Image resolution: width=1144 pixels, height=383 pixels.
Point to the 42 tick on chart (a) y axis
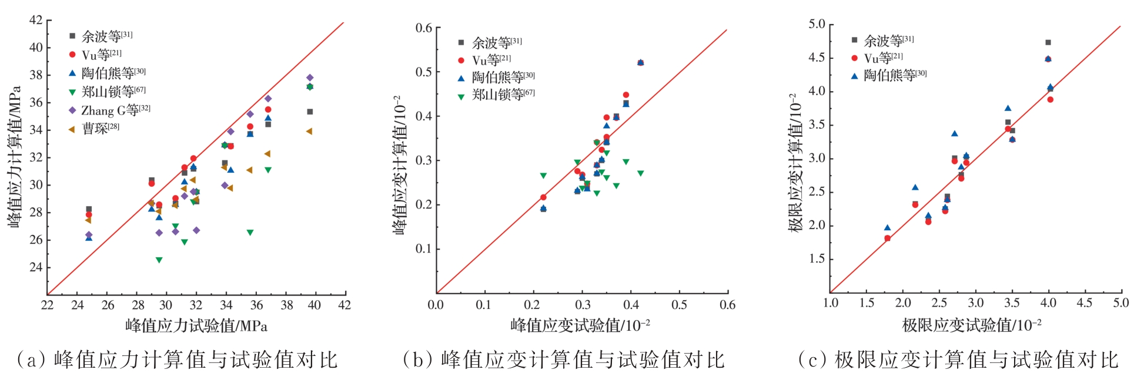(36, 21)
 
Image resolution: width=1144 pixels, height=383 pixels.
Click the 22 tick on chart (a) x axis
(47, 305)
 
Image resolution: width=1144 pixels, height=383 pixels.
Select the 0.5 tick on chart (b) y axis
(424, 72)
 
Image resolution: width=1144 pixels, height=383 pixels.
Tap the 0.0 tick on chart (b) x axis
(436, 305)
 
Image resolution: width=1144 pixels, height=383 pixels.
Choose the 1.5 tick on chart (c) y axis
(817, 259)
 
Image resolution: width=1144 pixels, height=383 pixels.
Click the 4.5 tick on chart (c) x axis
(1084, 303)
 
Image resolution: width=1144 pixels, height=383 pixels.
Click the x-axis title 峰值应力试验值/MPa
(196, 325)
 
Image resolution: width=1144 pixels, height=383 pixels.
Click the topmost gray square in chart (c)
(1048, 42)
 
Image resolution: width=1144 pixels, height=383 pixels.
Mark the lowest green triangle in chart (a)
(159, 260)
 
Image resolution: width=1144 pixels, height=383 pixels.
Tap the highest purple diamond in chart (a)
(310, 78)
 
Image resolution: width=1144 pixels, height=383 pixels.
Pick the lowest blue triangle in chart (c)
(887, 228)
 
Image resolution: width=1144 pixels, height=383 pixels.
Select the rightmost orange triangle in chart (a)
(309, 132)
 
